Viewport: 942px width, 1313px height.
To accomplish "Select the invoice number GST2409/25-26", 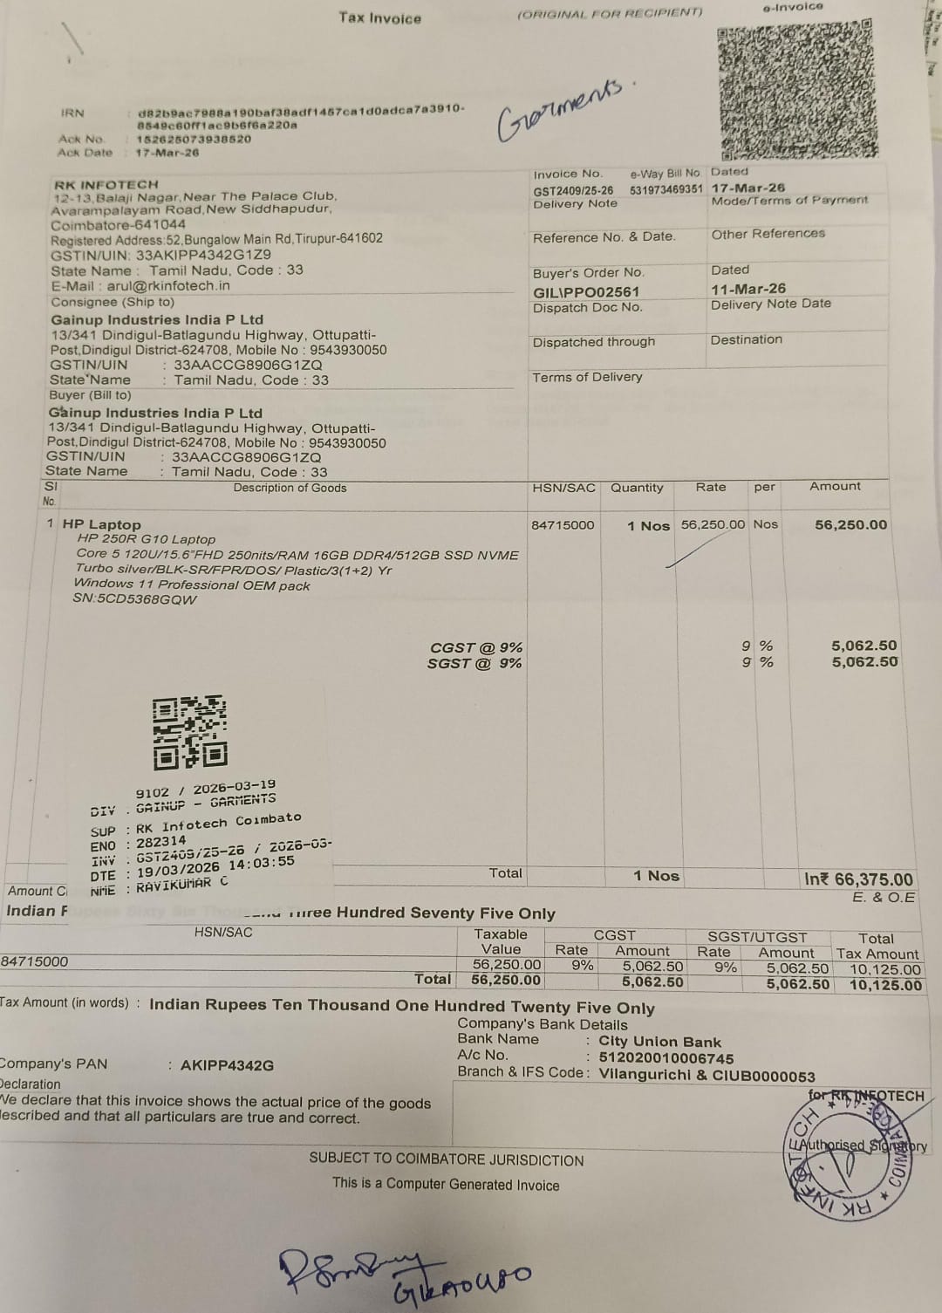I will coord(573,190).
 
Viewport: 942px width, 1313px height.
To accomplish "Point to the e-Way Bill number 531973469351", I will coord(666,189).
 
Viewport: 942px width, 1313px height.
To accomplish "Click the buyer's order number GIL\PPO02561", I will coord(586,292).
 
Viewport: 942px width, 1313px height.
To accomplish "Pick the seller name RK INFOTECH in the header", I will coord(106,185).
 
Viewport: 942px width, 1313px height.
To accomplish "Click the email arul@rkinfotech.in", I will coord(168,285).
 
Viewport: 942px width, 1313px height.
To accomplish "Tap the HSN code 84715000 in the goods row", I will coord(563,525).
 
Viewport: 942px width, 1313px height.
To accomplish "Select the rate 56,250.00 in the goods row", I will coord(713,524).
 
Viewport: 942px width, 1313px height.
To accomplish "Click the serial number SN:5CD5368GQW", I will coord(135,599).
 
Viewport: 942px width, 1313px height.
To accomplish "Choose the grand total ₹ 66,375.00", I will coord(858,879).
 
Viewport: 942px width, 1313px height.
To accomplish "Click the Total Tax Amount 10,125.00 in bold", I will coord(884,985).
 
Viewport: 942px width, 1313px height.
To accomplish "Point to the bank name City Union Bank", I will coord(659,1042).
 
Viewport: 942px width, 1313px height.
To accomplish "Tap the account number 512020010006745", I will coord(666,1058).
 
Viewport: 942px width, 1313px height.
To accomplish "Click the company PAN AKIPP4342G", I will coord(227,1065).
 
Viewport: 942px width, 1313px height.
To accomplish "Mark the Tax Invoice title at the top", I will coord(379,18).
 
